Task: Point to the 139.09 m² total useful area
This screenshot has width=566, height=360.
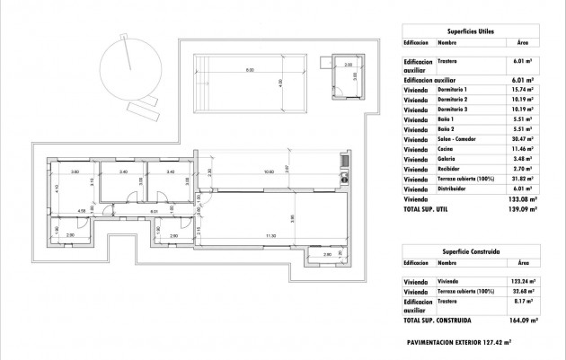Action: [x=521, y=208]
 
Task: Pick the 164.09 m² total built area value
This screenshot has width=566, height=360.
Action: [x=521, y=320]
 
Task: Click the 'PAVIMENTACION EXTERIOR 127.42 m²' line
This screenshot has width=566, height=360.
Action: [x=459, y=341]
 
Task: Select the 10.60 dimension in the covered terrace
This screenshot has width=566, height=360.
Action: [x=268, y=172]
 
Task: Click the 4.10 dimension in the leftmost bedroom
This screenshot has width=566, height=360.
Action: [x=55, y=189]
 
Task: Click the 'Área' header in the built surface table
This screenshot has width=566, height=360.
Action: [x=521, y=264]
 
